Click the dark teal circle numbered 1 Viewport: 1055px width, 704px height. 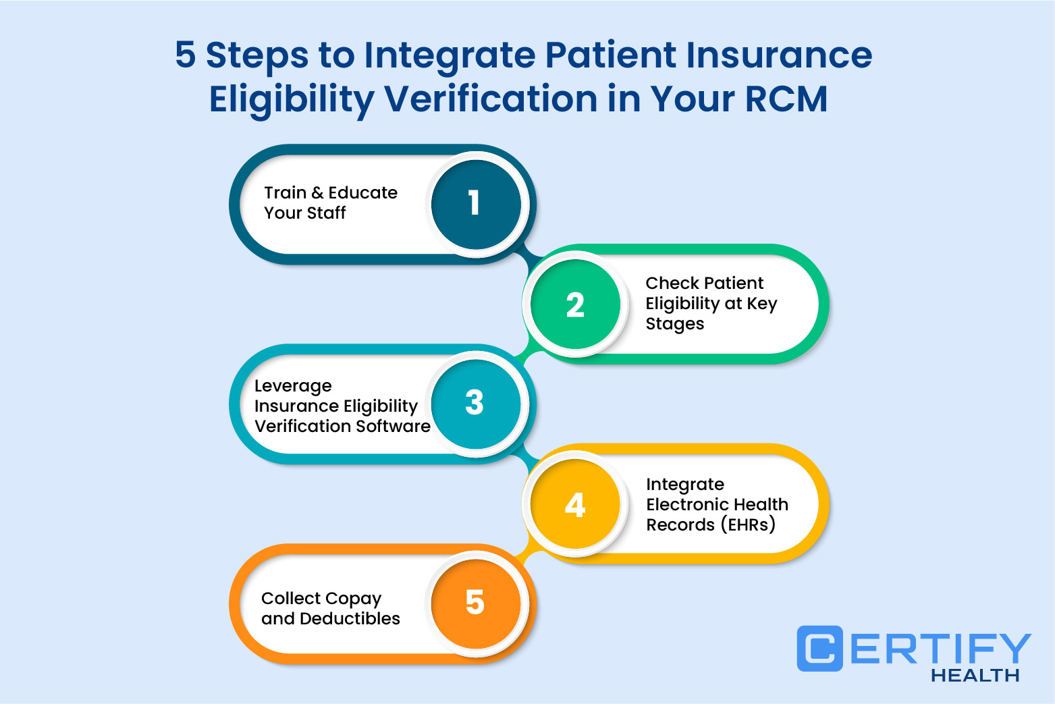pos(476,204)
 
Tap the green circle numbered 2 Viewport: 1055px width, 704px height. pos(575,304)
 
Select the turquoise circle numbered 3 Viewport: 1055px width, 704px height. pos(476,404)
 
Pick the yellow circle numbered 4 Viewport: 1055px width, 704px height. pos(575,504)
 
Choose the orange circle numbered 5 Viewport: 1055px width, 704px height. pos(476,603)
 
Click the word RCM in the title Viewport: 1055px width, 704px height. pos(786,99)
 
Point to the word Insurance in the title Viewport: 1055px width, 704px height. pos(779,55)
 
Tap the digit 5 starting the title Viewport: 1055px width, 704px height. pos(185,55)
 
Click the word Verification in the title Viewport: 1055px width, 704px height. pos(491,99)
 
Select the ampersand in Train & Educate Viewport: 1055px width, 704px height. pos(317,192)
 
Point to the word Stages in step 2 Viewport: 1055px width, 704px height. pos(674,325)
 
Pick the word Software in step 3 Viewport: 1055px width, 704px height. pos(393,426)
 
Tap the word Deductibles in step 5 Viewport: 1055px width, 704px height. pos(350,618)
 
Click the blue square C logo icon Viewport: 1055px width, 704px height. pos(819,648)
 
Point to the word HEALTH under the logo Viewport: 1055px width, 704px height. pos(975,675)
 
